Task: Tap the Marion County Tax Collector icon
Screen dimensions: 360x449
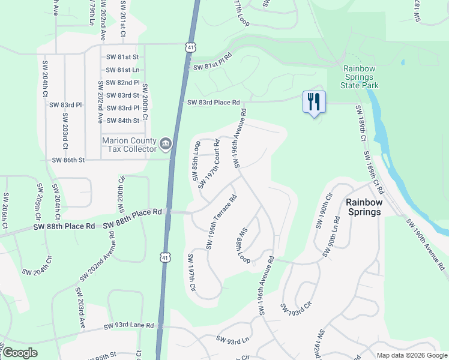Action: pos(166,143)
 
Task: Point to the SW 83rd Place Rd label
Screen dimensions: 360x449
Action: pos(213,103)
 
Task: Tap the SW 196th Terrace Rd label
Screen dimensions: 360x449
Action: pos(221,221)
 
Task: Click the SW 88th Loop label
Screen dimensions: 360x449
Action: pos(243,246)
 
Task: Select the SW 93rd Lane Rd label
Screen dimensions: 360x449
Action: pos(128,326)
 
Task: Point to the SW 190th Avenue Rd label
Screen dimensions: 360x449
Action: pos(427,244)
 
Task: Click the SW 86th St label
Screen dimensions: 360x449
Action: pos(68,160)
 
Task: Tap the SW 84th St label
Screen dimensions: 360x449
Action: pos(122,121)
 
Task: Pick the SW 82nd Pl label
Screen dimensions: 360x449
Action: pos(122,83)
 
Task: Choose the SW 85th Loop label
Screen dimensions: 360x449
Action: pos(196,160)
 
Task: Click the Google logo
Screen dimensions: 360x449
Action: pos(20,352)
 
